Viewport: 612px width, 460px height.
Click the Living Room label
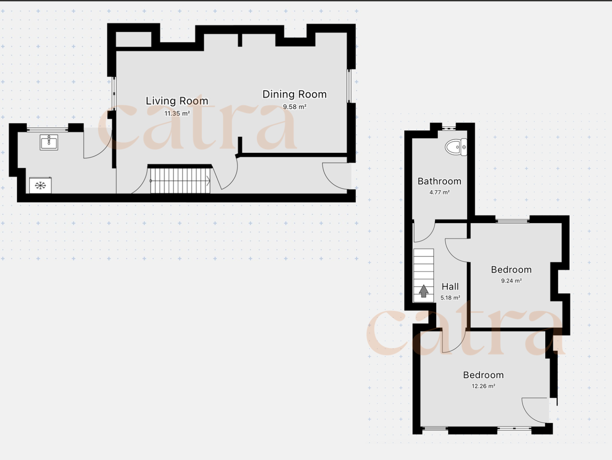click(x=177, y=101)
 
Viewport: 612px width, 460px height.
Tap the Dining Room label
click(x=294, y=94)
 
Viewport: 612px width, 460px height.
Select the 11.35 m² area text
click(x=177, y=113)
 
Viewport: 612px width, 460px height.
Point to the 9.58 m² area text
click(x=295, y=107)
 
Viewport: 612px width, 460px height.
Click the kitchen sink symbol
click(x=49, y=142)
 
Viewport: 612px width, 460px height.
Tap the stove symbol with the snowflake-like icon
click(x=40, y=185)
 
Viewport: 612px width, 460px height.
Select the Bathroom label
click(x=439, y=181)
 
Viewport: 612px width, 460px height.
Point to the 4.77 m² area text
click(x=439, y=192)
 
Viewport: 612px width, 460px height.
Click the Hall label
click(x=450, y=287)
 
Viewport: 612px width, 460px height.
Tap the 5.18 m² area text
click(x=450, y=298)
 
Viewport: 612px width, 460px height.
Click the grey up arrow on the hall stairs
click(x=424, y=291)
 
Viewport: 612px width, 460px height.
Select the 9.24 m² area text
click(x=511, y=281)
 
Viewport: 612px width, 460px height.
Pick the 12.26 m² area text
click(x=484, y=386)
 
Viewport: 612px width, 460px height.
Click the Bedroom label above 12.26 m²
click(x=484, y=375)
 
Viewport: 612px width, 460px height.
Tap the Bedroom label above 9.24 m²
click(x=511, y=269)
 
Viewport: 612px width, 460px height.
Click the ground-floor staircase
click(x=180, y=180)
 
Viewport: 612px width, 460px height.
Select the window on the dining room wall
click(x=349, y=86)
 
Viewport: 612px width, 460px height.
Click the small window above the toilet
click(x=449, y=128)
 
